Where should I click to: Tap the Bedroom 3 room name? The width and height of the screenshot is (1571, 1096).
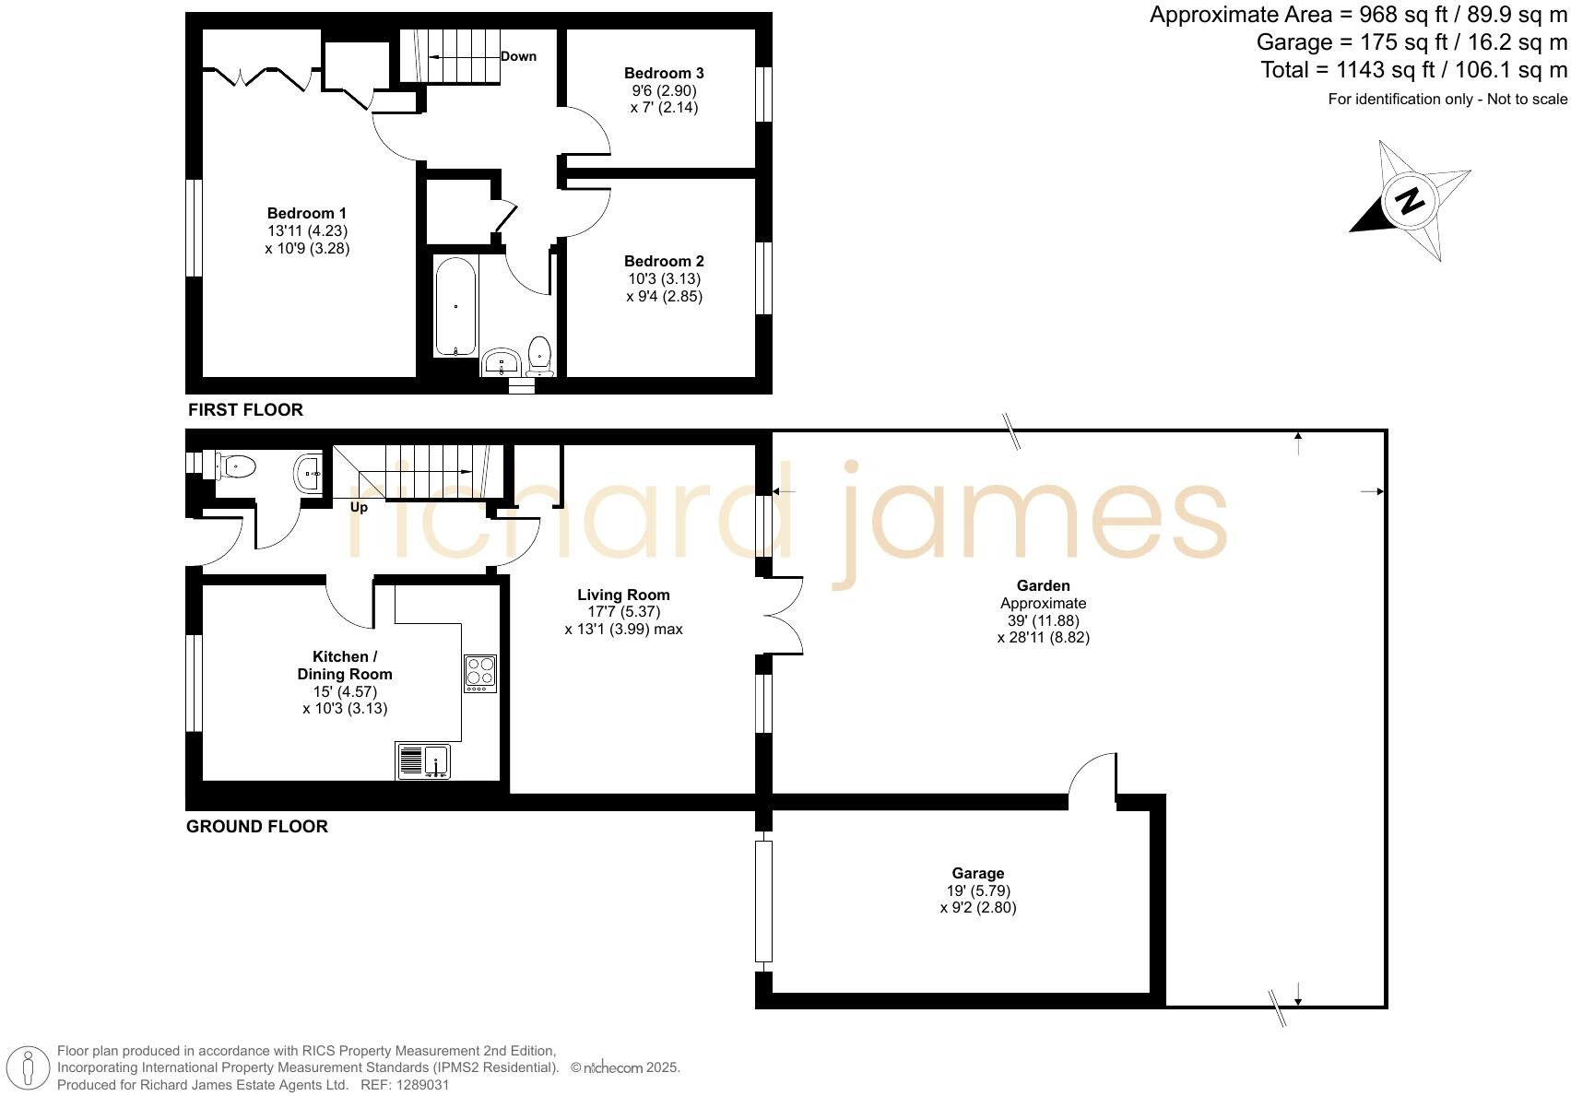[x=664, y=73]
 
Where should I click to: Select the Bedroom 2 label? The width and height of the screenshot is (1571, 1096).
[x=664, y=261]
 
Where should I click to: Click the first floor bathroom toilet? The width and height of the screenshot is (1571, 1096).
[x=539, y=354]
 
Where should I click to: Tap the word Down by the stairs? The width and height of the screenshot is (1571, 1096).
[x=518, y=56]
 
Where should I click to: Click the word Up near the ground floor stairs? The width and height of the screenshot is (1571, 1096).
[x=359, y=507]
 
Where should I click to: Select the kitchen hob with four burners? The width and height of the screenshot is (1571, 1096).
[x=479, y=673]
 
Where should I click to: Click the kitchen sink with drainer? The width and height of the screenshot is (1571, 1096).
[x=424, y=760]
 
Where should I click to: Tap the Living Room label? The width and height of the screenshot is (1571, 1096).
[x=623, y=595]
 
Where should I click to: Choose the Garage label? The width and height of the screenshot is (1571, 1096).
[x=978, y=873]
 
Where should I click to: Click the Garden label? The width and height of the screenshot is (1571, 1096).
[x=1043, y=585]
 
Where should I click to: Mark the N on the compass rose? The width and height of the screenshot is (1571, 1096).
[x=1409, y=200]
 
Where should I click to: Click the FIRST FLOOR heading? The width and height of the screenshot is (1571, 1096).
[x=245, y=409]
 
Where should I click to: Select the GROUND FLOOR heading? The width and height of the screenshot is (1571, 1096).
[x=257, y=826]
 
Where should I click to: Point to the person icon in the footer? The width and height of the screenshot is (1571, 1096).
[x=29, y=1067]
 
